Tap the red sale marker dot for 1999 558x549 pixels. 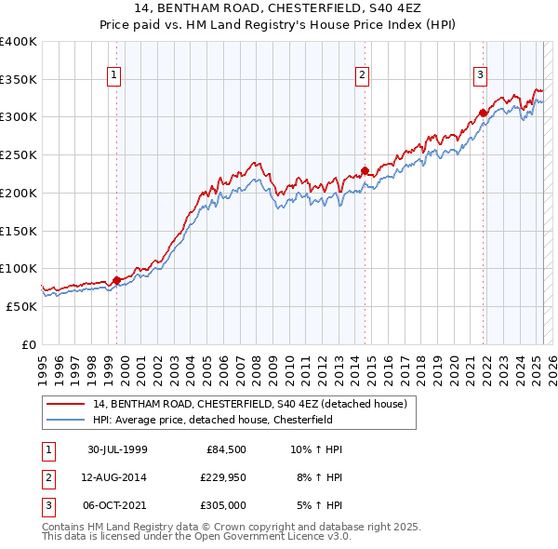coord(116,279)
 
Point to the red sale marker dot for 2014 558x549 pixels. coord(365,170)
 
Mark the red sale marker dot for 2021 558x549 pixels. coord(484,114)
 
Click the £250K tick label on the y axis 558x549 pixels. coord(18,155)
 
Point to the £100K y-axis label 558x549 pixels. coord(18,269)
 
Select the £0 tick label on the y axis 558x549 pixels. coord(28,344)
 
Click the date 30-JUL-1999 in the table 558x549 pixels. coord(117,450)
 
